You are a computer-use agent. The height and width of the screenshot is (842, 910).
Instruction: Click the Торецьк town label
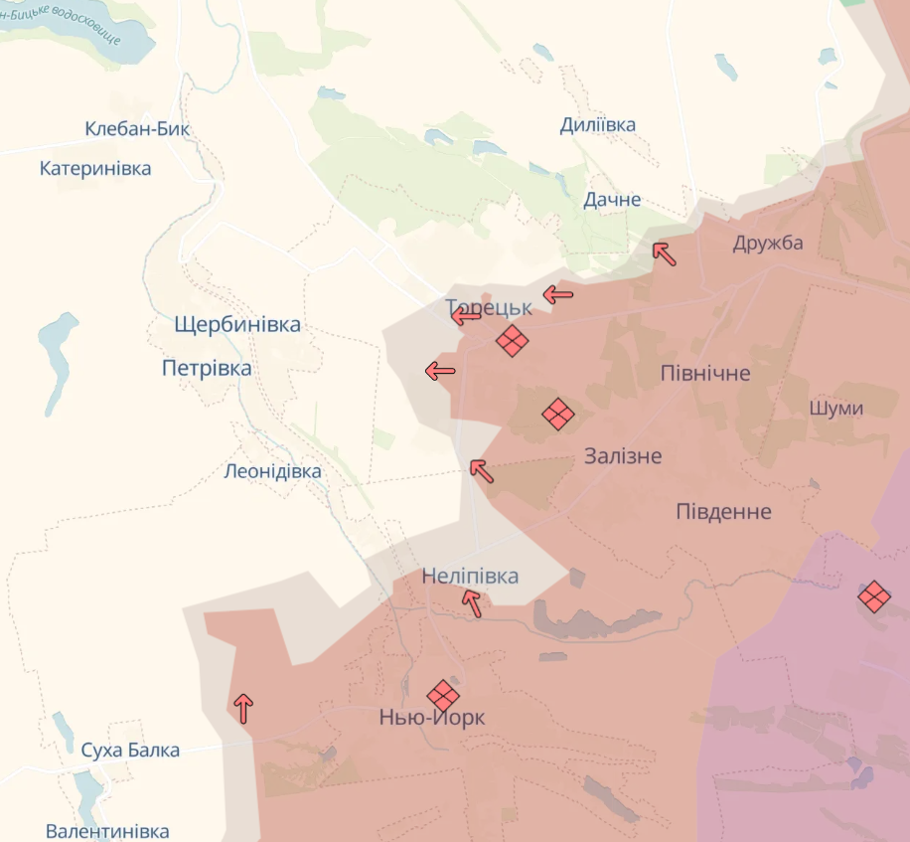click(x=488, y=307)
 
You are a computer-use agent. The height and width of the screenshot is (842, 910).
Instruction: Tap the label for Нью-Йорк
click(x=432, y=717)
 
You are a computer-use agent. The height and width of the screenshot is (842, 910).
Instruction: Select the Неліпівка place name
click(x=470, y=576)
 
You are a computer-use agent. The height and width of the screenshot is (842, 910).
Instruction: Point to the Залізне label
click(x=623, y=455)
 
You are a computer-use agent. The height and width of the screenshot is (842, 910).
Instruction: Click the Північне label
click(x=705, y=373)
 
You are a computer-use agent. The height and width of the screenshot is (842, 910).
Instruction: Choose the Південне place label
click(x=723, y=511)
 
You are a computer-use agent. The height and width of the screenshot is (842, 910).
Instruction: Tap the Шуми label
click(x=835, y=408)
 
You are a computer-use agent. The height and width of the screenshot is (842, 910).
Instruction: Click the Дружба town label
click(x=768, y=243)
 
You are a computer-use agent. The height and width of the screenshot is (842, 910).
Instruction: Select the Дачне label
click(x=612, y=199)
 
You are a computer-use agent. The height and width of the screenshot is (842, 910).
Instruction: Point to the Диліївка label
click(x=597, y=124)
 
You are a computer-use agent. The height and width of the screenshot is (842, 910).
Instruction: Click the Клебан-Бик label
click(x=137, y=128)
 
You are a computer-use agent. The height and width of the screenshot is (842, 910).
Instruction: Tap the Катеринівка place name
click(x=95, y=168)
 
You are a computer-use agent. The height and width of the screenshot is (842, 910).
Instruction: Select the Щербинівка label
click(x=236, y=324)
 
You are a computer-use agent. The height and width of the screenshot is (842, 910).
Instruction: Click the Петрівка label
click(x=207, y=368)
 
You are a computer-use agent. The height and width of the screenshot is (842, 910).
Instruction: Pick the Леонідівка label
click(x=273, y=471)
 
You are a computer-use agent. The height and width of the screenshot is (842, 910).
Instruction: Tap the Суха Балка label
click(x=130, y=750)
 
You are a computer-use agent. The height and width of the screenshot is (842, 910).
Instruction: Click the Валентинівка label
click(x=107, y=831)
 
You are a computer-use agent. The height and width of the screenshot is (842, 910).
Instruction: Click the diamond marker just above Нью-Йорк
click(x=443, y=695)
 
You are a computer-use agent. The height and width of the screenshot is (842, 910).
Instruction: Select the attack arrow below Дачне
click(x=664, y=253)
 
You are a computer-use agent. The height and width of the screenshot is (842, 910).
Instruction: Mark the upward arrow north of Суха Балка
click(x=243, y=708)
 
